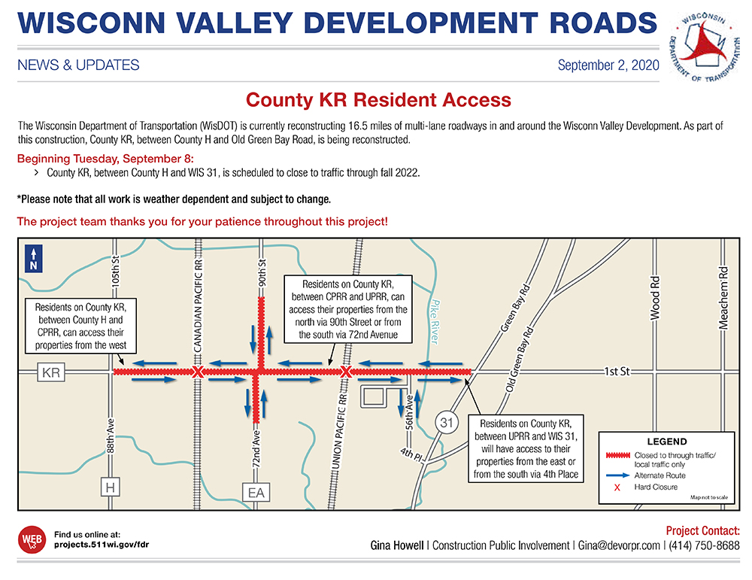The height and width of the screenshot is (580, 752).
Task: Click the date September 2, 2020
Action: tap(608, 65)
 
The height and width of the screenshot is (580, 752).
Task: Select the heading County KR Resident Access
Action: tap(379, 100)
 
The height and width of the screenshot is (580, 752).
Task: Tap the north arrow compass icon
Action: tap(33, 258)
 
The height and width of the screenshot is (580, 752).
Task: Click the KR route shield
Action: tap(51, 372)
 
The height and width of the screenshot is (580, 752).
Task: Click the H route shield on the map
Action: tap(111, 488)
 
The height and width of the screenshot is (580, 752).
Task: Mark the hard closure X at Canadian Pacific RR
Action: tap(197, 372)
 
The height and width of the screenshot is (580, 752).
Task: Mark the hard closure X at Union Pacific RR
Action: tap(345, 372)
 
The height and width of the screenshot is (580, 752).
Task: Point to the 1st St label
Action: tap(619, 372)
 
